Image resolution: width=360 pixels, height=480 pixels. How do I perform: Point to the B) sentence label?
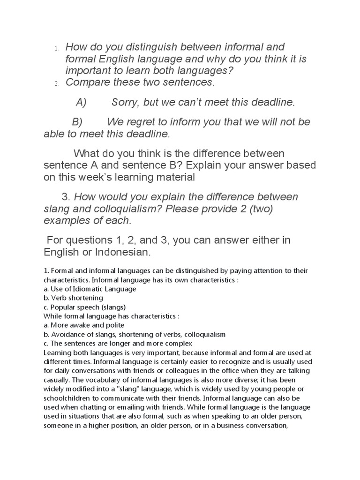(77, 122)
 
